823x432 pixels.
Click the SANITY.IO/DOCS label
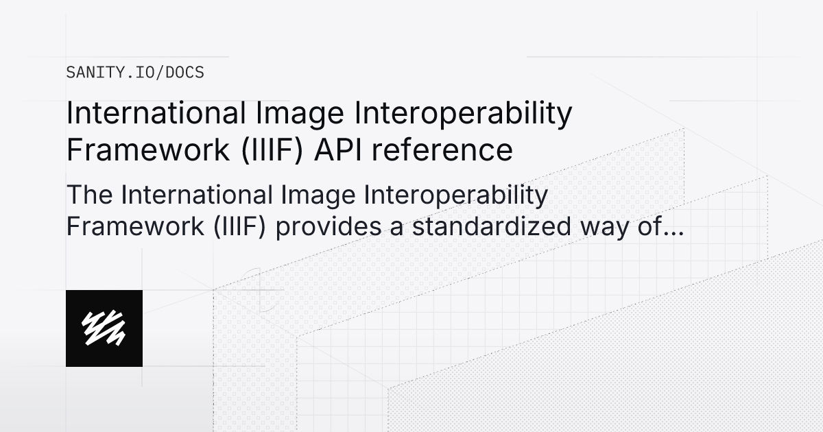135,72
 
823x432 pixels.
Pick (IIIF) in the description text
241,227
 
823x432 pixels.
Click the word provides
335,227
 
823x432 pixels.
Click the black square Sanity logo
104,328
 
